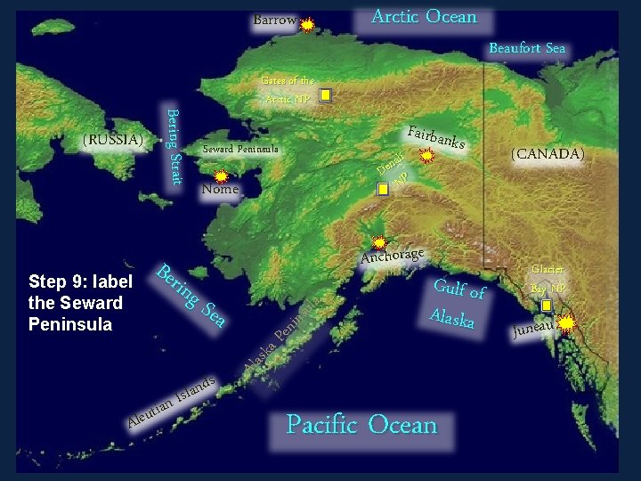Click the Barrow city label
point(274,20)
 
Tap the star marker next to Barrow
point(307,25)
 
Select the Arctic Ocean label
point(424,17)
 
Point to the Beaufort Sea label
point(527,49)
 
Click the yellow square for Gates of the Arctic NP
point(326,94)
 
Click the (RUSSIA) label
point(112,140)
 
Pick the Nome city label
point(220,189)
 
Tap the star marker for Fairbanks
point(427,157)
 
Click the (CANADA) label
point(547,154)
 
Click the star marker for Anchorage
point(379,241)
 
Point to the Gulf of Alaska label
point(458,303)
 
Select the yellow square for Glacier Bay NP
point(547,306)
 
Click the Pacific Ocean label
point(362,425)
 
